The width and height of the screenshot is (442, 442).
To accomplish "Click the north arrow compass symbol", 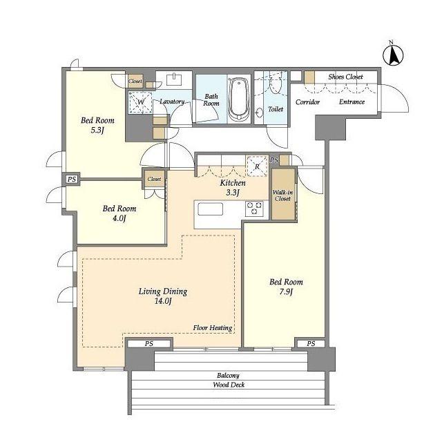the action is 393,55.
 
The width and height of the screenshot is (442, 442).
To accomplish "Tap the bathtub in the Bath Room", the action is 238,99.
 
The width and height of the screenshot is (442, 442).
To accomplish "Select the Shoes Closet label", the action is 345,77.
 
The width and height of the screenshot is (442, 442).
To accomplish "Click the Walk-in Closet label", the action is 282,195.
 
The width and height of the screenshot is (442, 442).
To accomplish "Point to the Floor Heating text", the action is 213,328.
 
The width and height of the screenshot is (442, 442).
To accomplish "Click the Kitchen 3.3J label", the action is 233,188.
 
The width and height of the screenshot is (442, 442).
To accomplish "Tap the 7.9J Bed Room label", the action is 286,287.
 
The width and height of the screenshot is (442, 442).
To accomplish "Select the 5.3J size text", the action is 97,131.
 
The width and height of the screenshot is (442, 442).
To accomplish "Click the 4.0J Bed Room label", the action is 119,213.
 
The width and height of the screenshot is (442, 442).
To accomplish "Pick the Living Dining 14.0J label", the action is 163,296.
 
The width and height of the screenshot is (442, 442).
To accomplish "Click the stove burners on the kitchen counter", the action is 254,209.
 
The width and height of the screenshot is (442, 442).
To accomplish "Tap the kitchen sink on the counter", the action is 210,209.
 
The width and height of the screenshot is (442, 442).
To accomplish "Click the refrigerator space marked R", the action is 257,166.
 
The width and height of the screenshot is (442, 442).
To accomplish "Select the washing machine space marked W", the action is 140,102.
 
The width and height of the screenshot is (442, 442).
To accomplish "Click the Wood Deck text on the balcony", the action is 229,385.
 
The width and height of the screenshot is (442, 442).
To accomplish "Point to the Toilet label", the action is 276,109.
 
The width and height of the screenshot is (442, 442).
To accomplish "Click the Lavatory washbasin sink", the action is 174,79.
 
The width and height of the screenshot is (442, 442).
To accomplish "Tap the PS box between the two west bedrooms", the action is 72,179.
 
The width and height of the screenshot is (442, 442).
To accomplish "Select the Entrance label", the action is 352,102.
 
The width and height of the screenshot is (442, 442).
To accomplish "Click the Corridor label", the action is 307,102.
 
